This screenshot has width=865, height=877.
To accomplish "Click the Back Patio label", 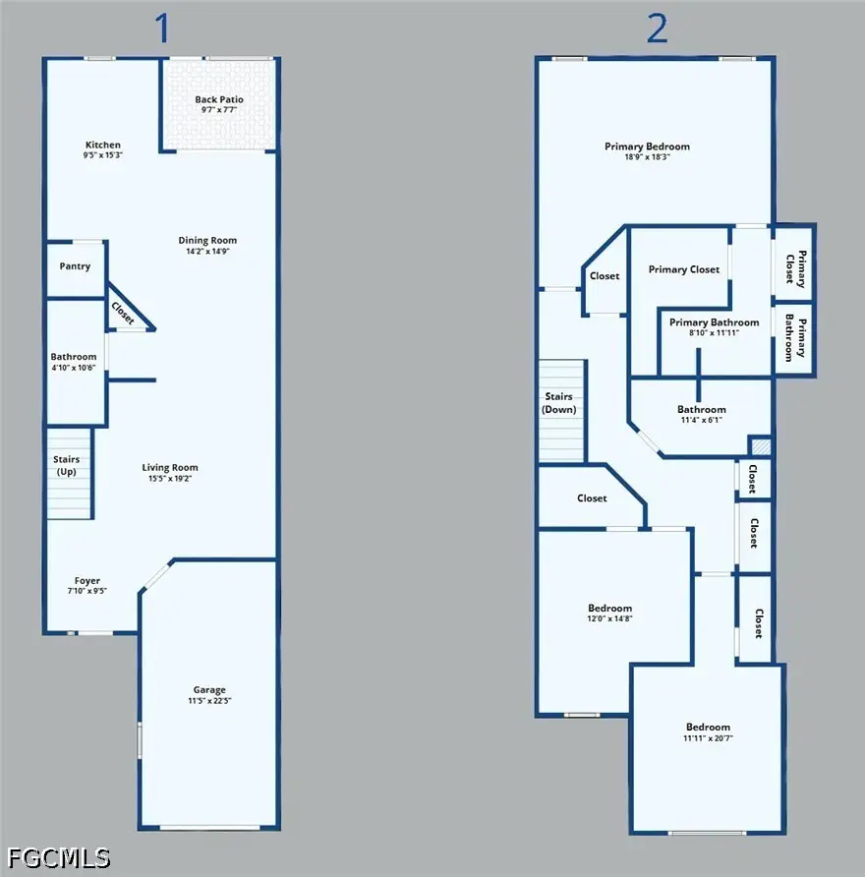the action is (x=219, y=99).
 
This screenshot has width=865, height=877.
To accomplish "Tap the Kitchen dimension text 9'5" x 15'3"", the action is (x=103, y=155).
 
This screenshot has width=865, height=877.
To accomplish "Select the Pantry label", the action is (x=75, y=266).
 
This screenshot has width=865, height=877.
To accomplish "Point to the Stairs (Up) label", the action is (x=67, y=465).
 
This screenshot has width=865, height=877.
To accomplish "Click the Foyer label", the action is (x=87, y=580).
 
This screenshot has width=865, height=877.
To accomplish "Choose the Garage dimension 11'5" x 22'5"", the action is (x=209, y=701).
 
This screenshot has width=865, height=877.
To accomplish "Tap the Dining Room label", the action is (x=207, y=241).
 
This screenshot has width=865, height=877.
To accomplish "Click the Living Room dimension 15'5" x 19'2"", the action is (x=170, y=479).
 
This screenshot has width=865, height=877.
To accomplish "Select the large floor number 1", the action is (x=163, y=29).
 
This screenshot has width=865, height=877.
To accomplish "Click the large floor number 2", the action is (x=657, y=29).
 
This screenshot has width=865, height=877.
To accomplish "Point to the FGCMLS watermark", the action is (x=59, y=858).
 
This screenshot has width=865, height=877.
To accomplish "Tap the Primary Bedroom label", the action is (x=647, y=146).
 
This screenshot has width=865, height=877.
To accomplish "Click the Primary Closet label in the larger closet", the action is (x=684, y=269).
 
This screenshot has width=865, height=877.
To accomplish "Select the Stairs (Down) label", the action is (x=558, y=403).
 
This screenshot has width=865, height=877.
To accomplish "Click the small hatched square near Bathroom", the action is (x=761, y=446).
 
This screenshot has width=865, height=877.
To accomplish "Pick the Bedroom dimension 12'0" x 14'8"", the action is (x=610, y=618).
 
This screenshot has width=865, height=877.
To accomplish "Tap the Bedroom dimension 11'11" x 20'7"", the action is (x=708, y=738).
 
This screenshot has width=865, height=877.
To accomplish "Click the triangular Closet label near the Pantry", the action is (x=123, y=314).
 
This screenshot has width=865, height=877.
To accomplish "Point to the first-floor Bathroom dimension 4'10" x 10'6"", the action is (x=74, y=368).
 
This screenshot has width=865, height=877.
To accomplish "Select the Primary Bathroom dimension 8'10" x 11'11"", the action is (x=714, y=332).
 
